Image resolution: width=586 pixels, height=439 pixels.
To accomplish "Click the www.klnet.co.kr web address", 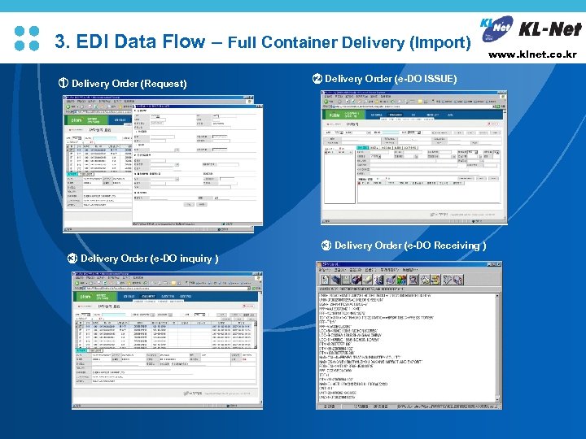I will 533,54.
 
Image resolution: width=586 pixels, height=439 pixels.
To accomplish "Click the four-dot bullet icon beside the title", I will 28,38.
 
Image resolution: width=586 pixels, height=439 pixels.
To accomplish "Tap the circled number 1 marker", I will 63,83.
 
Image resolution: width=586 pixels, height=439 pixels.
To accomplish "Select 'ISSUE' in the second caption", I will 440,79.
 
